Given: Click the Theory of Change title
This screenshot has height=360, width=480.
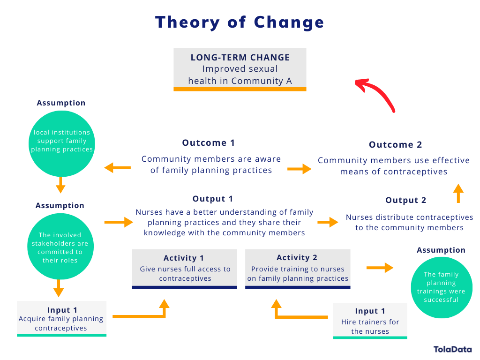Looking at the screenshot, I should coord(240,22).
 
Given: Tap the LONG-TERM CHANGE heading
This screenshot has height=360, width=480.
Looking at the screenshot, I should coord(240,58).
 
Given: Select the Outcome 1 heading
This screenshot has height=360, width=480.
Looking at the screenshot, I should coord(209,143).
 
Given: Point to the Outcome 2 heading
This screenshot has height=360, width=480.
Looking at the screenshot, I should coord(395,145).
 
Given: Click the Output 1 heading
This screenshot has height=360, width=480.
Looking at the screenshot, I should coord(212,199).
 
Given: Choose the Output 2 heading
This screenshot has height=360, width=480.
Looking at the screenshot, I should coord(405,201).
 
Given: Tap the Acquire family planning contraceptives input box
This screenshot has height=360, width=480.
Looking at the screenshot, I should coord(61,318).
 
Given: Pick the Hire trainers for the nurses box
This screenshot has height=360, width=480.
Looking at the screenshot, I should coord(370,321).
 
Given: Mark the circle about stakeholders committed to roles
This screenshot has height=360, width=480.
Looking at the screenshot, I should coord(60,247).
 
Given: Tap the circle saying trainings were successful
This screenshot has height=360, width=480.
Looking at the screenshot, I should coord(441,286).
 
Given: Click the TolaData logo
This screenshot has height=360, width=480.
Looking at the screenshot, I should coord(452,349).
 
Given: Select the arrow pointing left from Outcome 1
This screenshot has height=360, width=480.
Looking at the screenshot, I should coord(118,167).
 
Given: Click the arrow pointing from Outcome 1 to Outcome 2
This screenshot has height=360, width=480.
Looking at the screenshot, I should coord(300,169).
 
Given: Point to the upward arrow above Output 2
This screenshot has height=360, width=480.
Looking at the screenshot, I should coord(458,193).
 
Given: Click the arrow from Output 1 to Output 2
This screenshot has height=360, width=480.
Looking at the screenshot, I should coord(328,222).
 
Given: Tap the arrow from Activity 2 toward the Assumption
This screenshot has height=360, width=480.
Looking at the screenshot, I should coord(380,268).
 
